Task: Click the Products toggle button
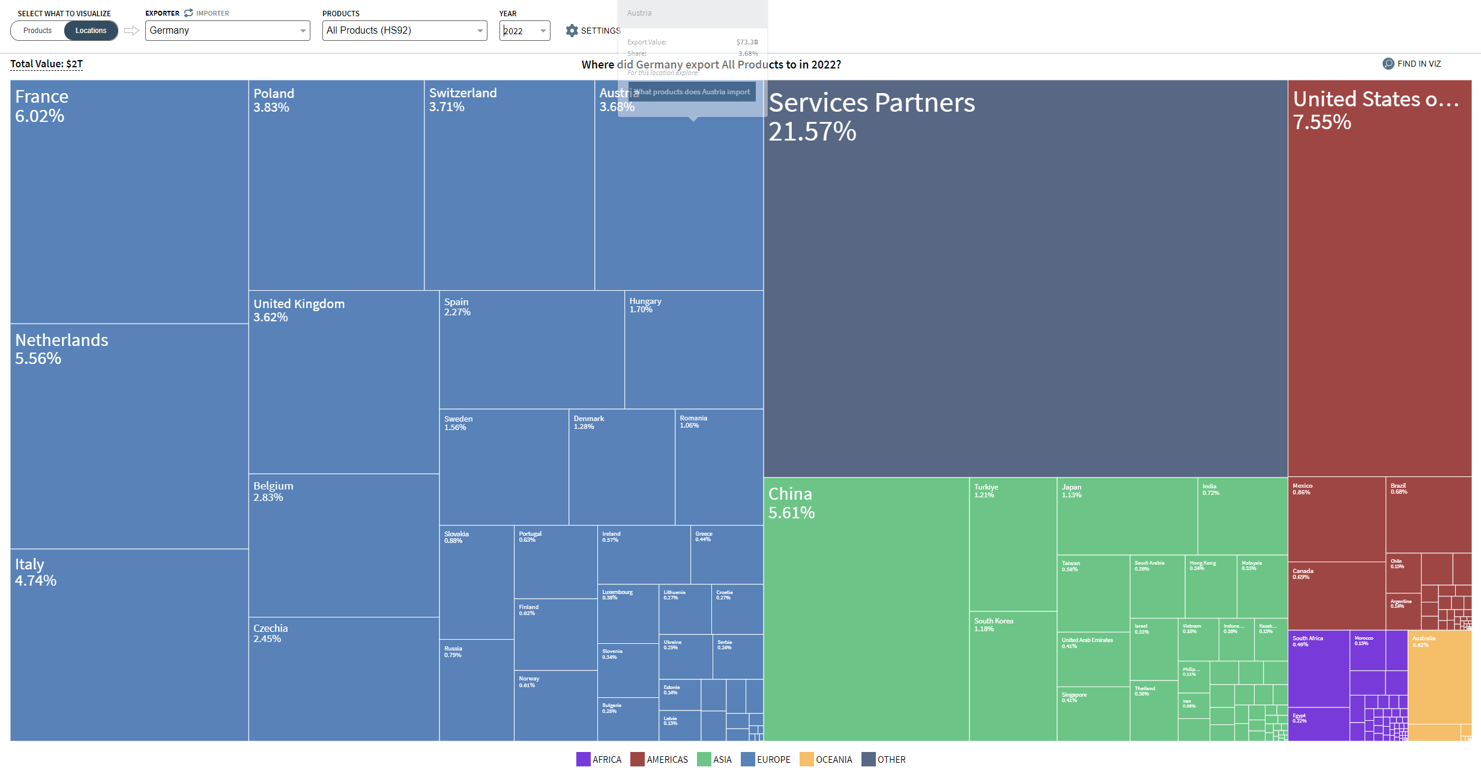[x=38, y=31]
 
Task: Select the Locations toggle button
[x=91, y=31]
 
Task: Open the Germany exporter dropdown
[x=227, y=31]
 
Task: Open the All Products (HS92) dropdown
[x=404, y=31]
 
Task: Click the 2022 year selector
[x=524, y=31]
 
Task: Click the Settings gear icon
[x=572, y=31]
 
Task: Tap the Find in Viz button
[x=1411, y=64]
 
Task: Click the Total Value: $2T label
[x=46, y=64]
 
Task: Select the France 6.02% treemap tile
[x=129, y=201]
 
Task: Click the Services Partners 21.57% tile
[x=1025, y=278]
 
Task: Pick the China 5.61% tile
[x=866, y=608]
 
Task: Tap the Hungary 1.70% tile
[x=693, y=350]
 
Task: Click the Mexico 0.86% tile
[x=1336, y=520]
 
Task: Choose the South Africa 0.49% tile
[x=1318, y=668]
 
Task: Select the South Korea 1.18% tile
[x=1012, y=676]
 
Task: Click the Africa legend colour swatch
[x=583, y=759]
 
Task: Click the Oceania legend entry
[x=826, y=759]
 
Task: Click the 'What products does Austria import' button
[x=692, y=92]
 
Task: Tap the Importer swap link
[x=207, y=13]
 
